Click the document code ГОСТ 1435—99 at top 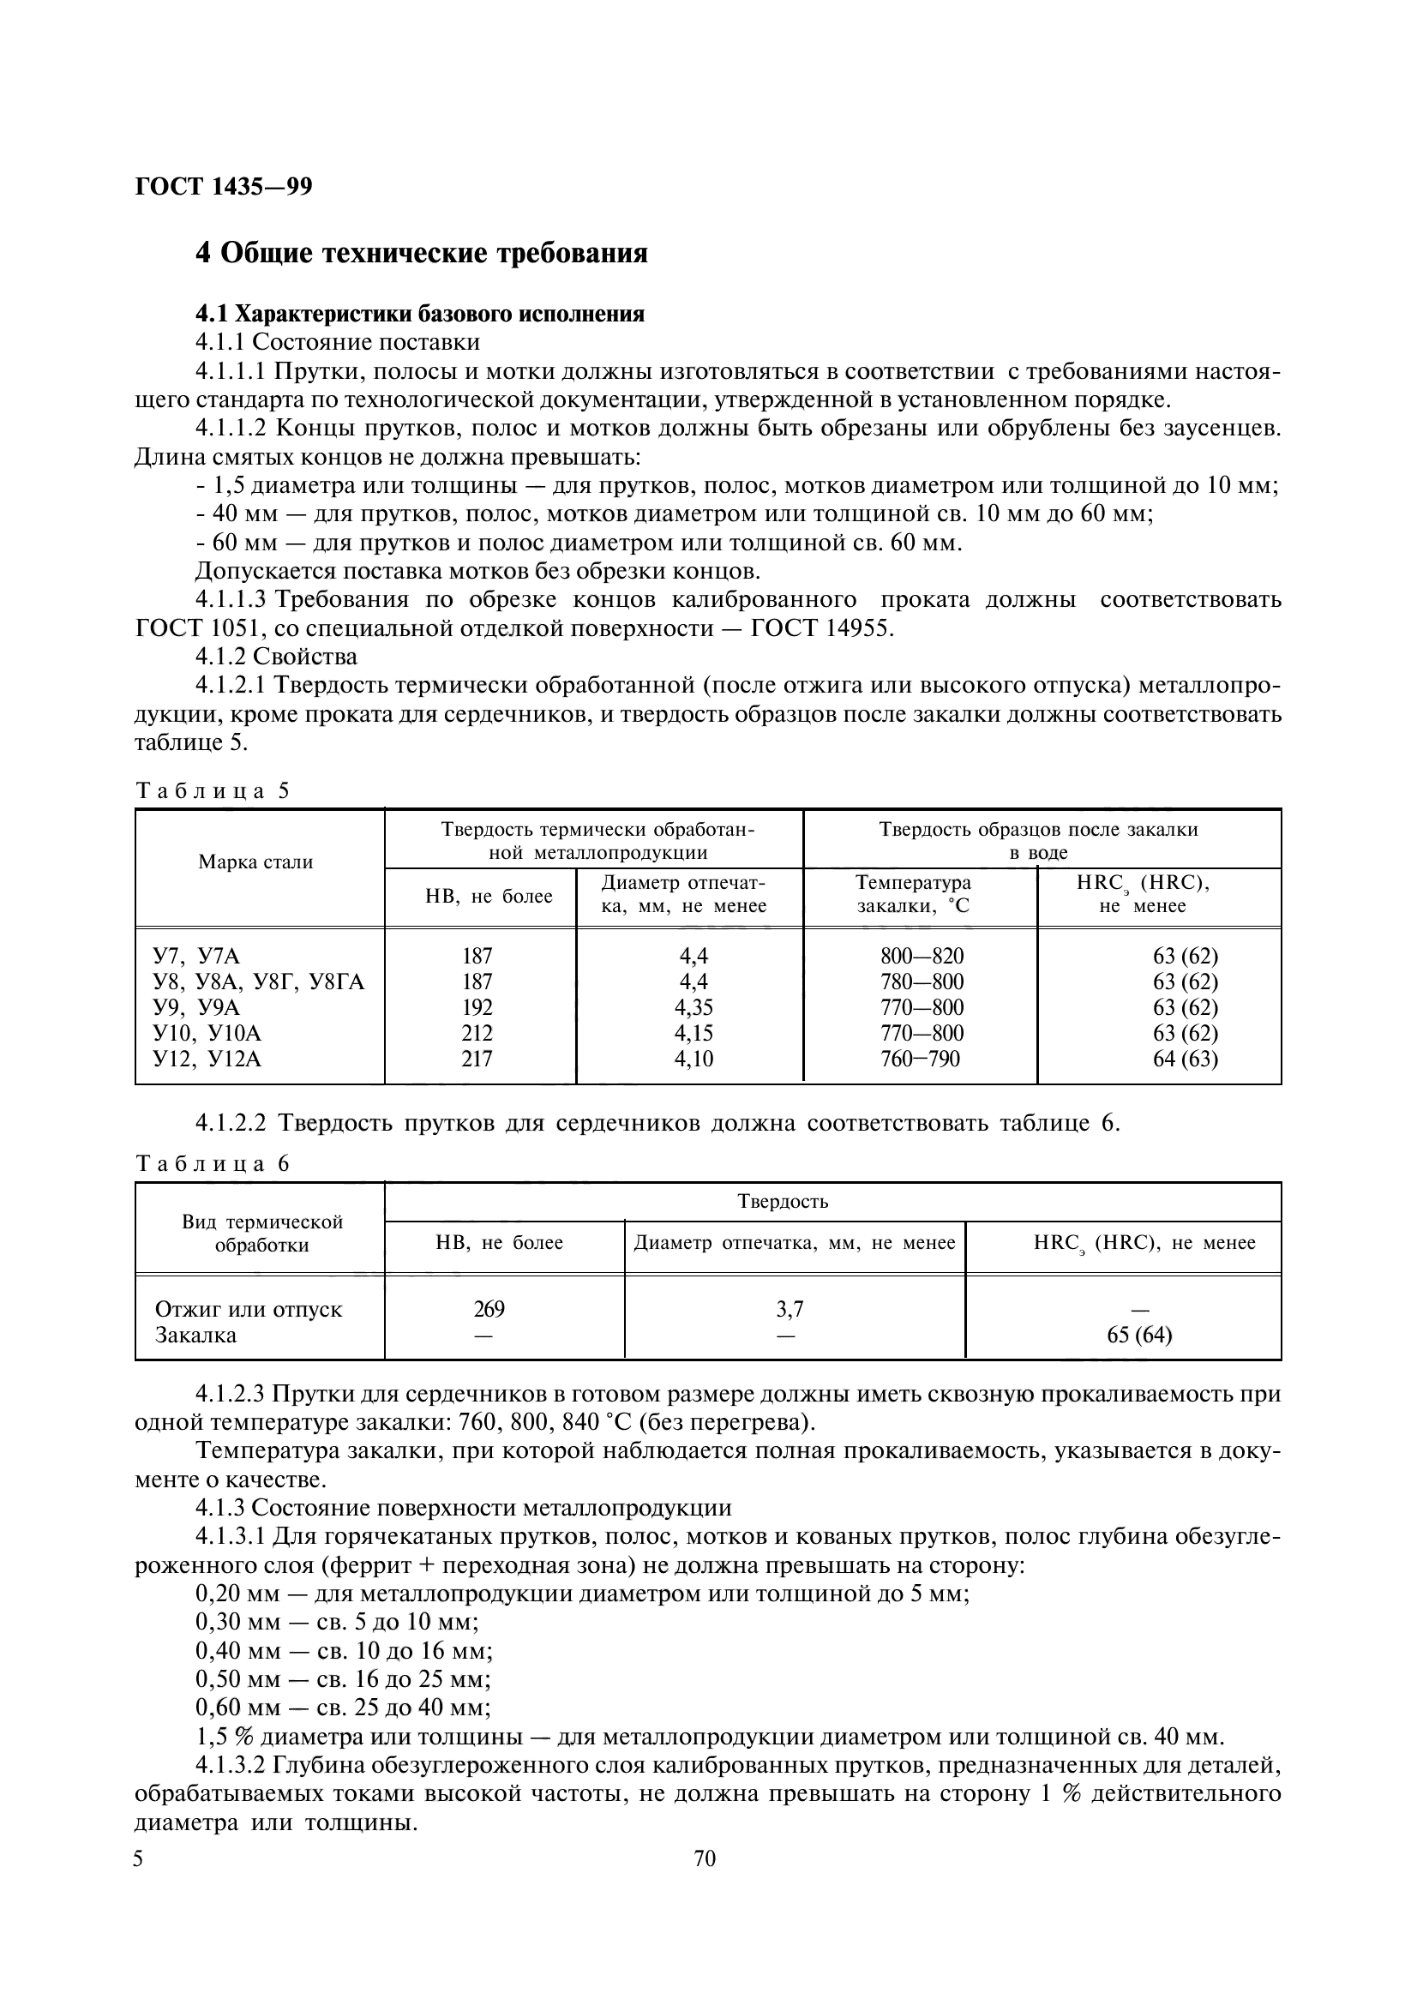tap(224, 186)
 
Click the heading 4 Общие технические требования tap(421, 253)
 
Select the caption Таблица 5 tap(212, 791)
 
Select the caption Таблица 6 tap(212, 1164)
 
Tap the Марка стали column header tap(255, 861)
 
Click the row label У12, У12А tap(207, 1060)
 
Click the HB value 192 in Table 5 tap(477, 1008)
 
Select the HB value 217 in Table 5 tap(477, 1060)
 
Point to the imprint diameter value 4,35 tap(693, 1008)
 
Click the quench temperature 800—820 tap(922, 957)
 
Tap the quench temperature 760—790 tap(919, 1060)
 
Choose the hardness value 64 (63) tap(1185, 1060)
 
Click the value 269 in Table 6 tap(489, 1309)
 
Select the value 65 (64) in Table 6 tap(1139, 1336)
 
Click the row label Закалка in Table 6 tap(195, 1336)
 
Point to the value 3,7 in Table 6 tap(790, 1309)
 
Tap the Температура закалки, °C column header tap(913, 894)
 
